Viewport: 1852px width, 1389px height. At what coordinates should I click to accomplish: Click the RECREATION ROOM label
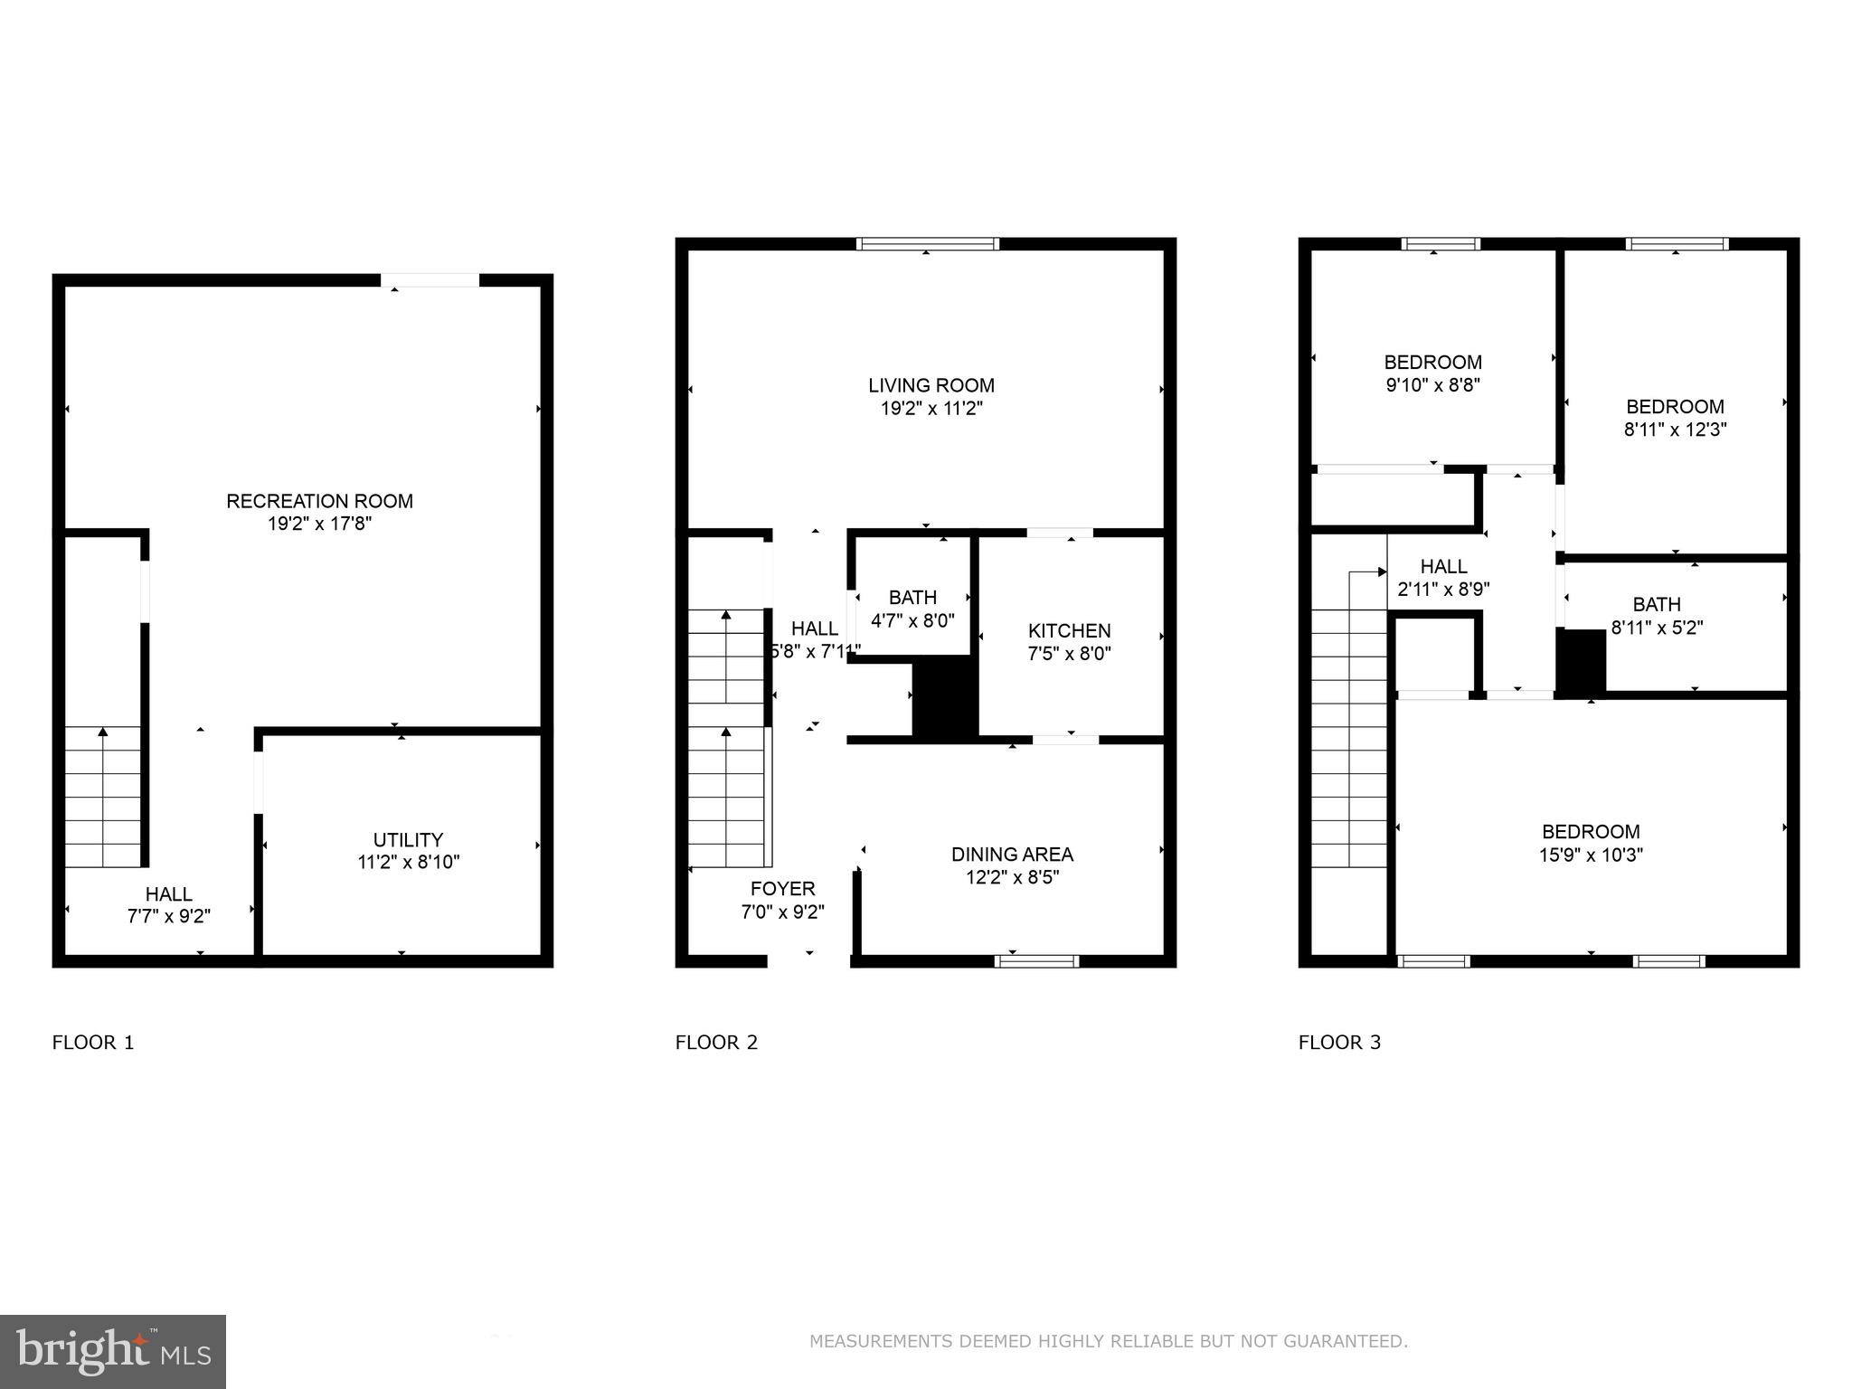point(319,501)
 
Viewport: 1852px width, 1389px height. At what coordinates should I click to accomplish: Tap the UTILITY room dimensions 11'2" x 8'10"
point(408,863)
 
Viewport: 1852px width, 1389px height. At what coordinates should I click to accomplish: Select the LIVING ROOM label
point(931,386)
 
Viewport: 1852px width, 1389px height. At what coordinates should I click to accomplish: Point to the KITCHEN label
point(1069,631)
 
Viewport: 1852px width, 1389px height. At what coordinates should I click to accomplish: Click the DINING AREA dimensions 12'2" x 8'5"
point(1011,877)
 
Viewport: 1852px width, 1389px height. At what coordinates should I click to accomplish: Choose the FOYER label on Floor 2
point(782,889)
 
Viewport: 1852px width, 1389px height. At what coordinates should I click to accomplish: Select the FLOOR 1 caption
point(93,1043)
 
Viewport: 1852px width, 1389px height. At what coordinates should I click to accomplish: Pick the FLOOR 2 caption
point(716,1043)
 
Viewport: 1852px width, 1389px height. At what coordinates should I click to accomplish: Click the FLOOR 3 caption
point(1339,1043)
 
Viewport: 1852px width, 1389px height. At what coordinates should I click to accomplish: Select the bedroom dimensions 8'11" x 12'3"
point(1675,430)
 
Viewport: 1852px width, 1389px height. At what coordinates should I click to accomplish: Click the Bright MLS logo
point(113,1351)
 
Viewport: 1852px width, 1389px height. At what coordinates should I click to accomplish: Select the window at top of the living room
point(928,243)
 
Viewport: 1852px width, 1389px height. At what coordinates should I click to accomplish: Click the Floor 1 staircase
point(102,796)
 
